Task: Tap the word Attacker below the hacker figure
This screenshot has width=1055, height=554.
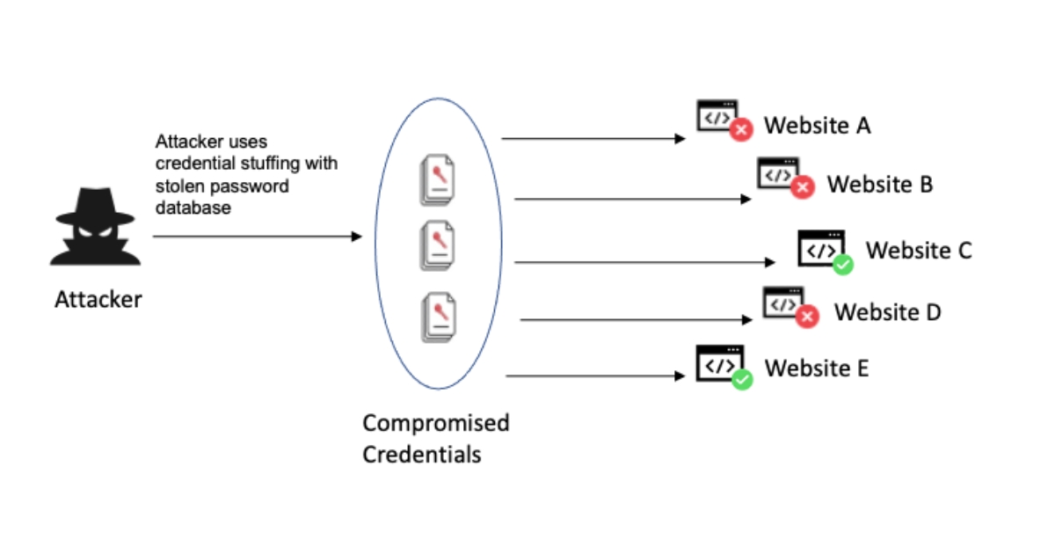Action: coord(98,300)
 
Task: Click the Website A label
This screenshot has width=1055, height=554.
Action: coord(817,126)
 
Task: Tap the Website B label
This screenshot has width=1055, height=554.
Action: coord(879,185)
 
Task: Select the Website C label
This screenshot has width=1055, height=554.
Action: coord(919,251)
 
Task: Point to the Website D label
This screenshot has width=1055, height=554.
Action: coord(887,312)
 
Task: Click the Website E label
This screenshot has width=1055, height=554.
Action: coord(817,368)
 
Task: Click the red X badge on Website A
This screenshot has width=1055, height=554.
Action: coord(741,130)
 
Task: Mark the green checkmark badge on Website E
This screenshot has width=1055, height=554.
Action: coord(742,380)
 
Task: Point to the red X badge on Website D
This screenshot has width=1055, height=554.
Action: coord(806,317)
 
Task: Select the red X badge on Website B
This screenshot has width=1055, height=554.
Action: coord(801,187)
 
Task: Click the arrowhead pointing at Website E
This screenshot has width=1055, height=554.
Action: coord(680,376)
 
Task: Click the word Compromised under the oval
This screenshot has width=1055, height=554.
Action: coord(435,423)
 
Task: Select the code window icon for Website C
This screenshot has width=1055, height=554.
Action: coord(819,247)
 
